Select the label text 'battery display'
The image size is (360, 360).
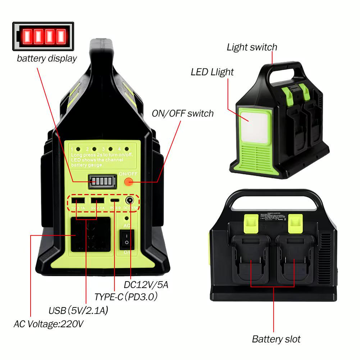coord(47,58)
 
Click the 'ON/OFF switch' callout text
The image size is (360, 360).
coord(183,114)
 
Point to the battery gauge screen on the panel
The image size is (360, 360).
coord(103,182)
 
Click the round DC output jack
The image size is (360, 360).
coord(129,200)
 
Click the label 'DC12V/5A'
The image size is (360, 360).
coord(146,285)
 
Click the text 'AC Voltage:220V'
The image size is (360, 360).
coord(49,324)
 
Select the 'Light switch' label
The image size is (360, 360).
coord(252,47)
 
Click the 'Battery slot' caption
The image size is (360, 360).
coord(276,339)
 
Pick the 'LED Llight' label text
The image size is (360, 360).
coord(212,72)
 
